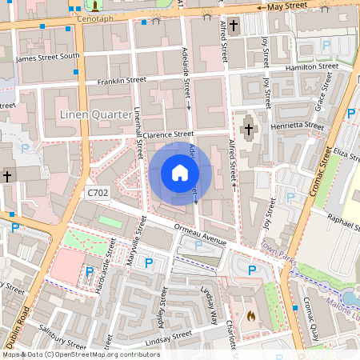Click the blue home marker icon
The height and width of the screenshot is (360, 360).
tap(180, 173)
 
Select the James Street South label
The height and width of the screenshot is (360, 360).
tap(48, 57)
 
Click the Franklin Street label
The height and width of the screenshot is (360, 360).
tap(122, 81)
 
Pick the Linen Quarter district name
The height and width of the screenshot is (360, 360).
tap(95, 115)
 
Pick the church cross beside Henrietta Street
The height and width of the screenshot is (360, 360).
tap(248, 128)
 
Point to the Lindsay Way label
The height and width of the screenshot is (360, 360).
tap(212, 305)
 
